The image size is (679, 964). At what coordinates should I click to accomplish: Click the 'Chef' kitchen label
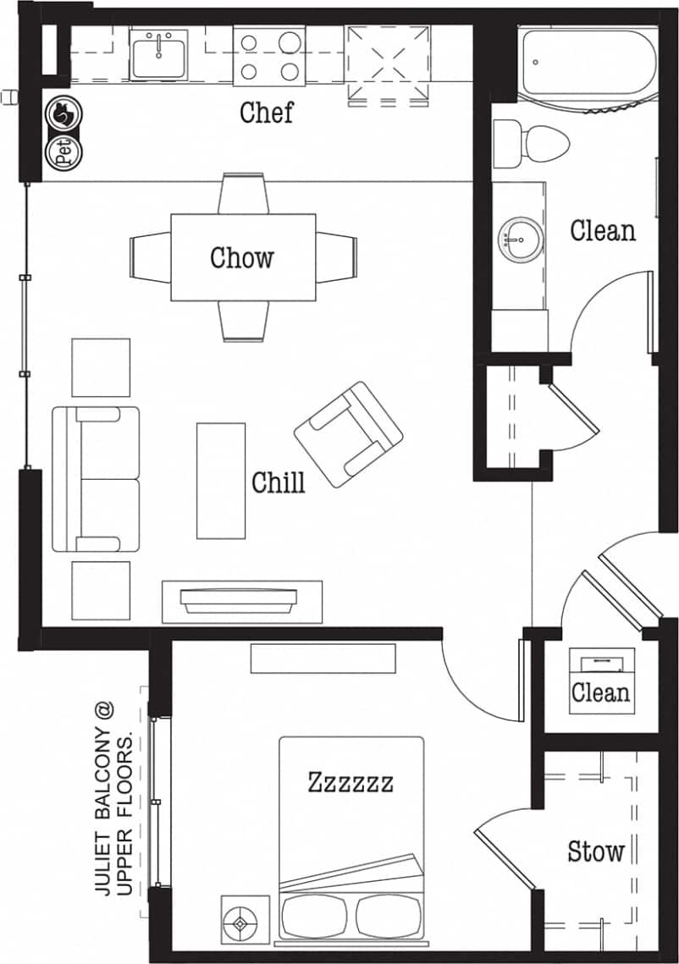(266, 113)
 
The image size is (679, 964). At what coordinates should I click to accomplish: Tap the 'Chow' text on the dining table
(242, 257)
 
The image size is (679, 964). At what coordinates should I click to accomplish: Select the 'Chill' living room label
(278, 482)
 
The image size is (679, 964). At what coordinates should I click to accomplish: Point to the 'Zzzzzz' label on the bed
(351, 782)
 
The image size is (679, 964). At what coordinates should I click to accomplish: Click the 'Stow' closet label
(596, 851)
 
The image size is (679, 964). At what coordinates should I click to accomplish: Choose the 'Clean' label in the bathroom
(602, 230)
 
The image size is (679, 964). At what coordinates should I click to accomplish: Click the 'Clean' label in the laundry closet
(600, 692)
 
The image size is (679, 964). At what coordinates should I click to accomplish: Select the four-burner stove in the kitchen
(268, 55)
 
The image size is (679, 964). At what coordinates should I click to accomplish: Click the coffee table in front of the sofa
(221, 481)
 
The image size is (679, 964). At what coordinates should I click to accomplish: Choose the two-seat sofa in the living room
(95, 479)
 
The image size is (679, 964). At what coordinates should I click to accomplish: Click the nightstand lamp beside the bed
(243, 919)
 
